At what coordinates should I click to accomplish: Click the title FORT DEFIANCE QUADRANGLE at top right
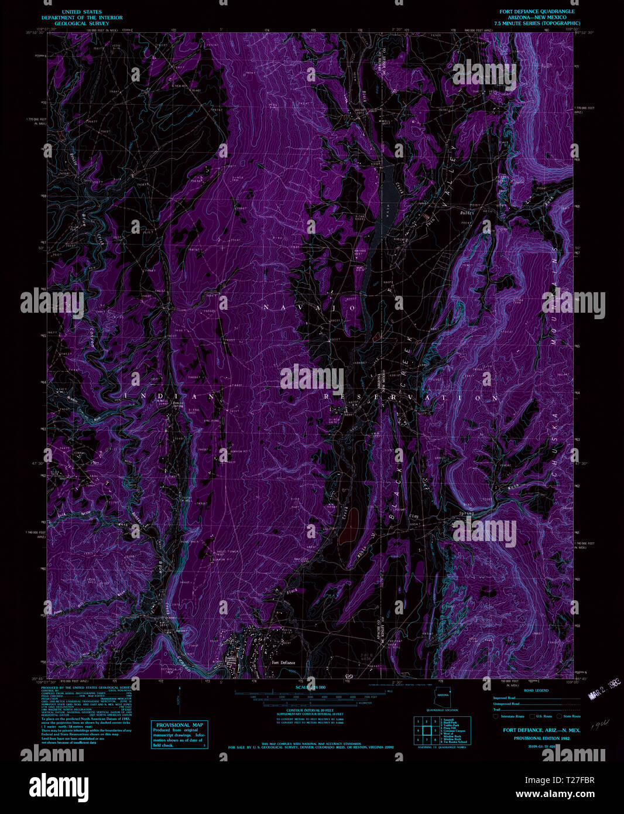click(536, 11)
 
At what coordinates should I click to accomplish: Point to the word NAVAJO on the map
click(308, 307)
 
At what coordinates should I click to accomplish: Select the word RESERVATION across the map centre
click(412, 397)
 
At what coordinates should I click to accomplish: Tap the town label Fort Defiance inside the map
click(283, 662)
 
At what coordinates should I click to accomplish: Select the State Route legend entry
click(568, 716)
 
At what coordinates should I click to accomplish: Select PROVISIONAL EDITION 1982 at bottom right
click(541, 738)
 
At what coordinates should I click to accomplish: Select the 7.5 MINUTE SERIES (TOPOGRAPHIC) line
click(536, 23)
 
